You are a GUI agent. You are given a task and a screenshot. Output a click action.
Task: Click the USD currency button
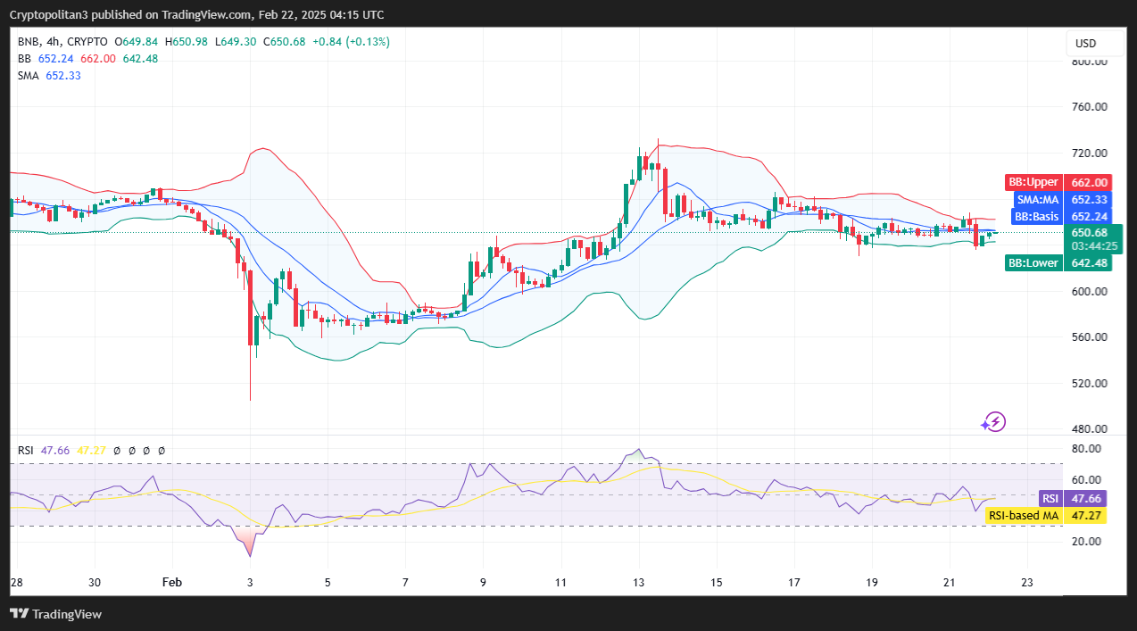click(1085, 44)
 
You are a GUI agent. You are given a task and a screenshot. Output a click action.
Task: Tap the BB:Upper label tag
click(1033, 182)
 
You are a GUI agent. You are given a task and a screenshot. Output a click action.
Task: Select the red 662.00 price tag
click(1088, 182)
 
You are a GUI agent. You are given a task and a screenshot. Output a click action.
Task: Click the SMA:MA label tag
click(1036, 200)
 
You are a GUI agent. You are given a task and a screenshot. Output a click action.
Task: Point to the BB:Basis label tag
click(1035, 217)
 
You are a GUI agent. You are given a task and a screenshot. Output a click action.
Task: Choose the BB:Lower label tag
click(1033, 262)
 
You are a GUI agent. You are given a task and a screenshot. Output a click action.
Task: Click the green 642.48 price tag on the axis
click(1088, 262)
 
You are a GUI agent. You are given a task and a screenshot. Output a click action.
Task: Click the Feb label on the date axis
click(172, 581)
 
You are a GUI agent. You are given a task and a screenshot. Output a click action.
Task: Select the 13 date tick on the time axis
click(639, 581)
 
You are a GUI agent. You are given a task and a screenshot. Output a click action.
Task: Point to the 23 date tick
click(1027, 581)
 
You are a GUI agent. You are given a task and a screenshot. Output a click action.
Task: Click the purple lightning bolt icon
click(993, 422)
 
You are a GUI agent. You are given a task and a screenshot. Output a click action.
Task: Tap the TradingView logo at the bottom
click(55, 614)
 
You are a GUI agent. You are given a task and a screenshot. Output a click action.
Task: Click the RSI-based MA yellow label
click(1023, 516)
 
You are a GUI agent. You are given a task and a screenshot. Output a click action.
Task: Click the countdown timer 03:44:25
click(1088, 245)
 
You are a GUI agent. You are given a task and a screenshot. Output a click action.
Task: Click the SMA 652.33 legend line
click(50, 76)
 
